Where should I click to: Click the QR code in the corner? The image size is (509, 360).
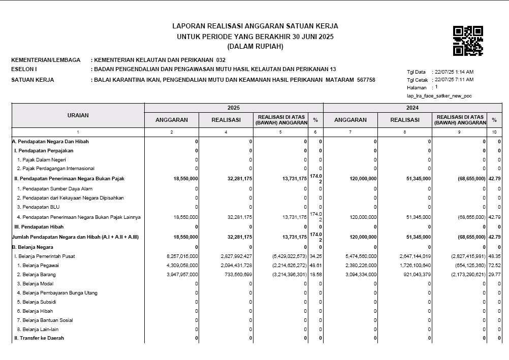(468, 41)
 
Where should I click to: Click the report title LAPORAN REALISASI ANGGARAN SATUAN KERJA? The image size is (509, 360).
(255, 26)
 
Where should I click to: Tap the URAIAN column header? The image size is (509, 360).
(78, 115)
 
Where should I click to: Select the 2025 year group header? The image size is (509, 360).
(234, 108)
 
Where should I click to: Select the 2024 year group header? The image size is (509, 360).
(412, 108)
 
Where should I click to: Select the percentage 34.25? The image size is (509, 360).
(315, 256)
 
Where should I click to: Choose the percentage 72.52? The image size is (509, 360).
(494, 266)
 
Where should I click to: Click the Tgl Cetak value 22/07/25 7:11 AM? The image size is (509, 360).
(454, 80)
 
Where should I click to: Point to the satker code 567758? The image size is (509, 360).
(366, 80)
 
